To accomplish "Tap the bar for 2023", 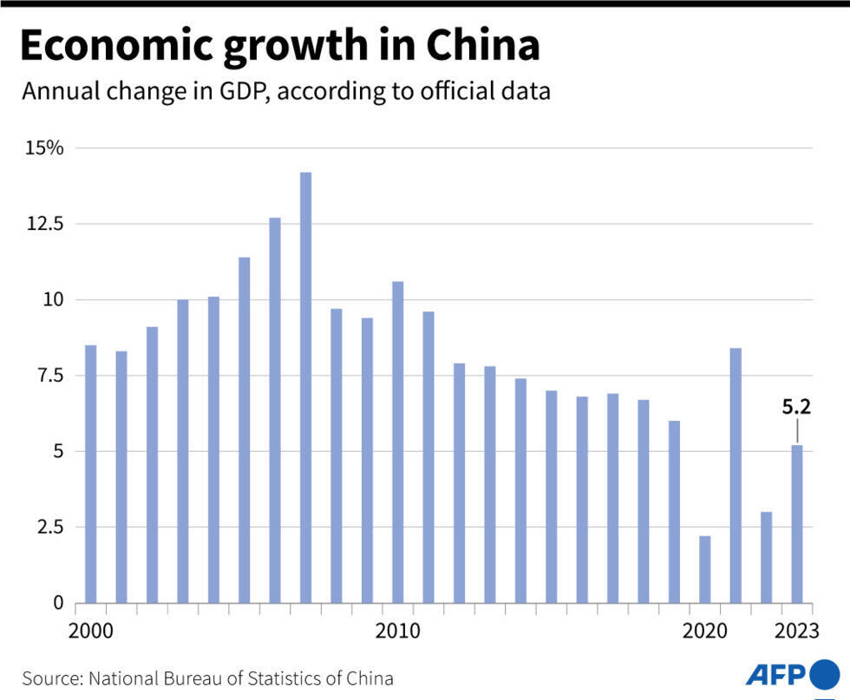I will point(796,524).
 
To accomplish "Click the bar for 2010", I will point(397,442).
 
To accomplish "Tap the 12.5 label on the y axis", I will point(45,224).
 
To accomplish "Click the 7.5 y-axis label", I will point(49,376).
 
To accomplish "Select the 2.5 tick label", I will point(49,527).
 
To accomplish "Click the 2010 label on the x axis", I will point(398,631).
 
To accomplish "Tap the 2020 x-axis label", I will point(705,631).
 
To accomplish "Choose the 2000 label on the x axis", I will point(91,631).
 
